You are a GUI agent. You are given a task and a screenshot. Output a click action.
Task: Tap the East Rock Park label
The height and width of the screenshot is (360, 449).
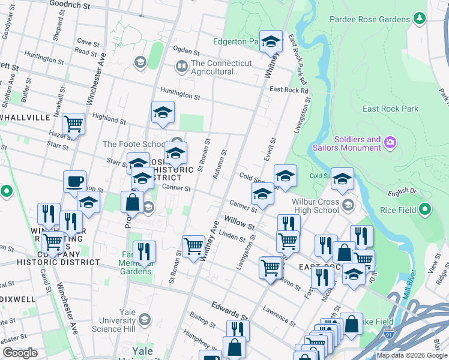(390, 109)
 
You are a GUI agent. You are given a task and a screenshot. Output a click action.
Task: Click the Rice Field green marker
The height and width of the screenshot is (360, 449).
(426, 210)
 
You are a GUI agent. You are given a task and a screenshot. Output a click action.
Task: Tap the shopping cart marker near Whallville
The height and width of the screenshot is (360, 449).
(73, 125)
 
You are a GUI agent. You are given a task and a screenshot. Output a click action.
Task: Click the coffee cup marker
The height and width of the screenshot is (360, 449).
(75, 181)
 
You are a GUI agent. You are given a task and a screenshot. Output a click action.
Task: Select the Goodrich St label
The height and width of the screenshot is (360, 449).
(70, 5)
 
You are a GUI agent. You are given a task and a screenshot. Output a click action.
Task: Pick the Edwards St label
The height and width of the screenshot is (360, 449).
(229, 311)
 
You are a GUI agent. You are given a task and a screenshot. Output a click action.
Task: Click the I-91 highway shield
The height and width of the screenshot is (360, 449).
(390, 330)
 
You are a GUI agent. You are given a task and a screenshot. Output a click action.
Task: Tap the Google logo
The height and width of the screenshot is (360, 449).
(20, 353)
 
